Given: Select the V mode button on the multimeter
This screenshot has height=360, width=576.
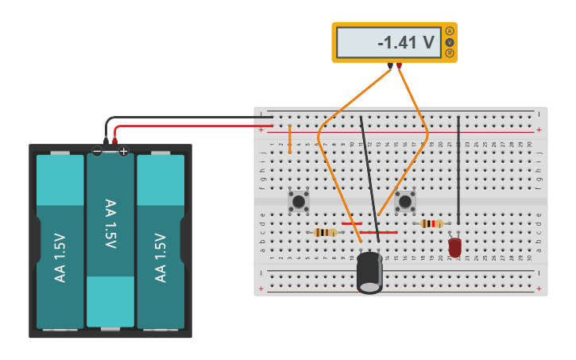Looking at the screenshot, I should pos(450,42).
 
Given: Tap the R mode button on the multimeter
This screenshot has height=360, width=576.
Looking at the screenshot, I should pos(450,53).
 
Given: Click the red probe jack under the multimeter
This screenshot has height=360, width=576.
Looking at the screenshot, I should pos(399,66).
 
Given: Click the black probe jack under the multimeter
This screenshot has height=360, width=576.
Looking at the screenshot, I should pos(389,66).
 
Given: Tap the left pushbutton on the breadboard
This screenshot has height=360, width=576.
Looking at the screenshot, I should pos(299,201).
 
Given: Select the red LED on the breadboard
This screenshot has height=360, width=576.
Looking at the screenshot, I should pos(454,247).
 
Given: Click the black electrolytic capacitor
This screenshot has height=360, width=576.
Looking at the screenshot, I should pos(369,272).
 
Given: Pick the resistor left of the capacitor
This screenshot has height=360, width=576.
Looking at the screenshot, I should pos(325,233).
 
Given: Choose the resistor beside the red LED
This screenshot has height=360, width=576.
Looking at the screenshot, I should pos(431,224).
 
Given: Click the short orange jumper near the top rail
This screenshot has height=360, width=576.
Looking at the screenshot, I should pos(289,138).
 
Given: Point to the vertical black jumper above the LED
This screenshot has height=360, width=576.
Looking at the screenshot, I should pos(458,170).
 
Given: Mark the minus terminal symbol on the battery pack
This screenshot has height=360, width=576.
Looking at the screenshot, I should pos(97,151).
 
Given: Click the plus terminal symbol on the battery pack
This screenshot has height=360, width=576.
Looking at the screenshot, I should pos(123,151).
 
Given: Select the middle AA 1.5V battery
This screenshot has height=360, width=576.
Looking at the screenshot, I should pos(110,238).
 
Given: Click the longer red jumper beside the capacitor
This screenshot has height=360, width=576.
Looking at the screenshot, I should pos(378,233).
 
